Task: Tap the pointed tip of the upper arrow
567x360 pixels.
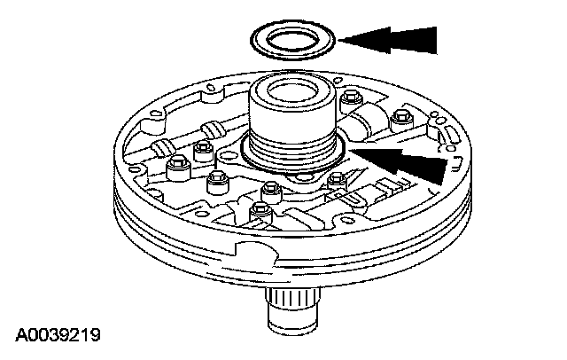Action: coord(340,41)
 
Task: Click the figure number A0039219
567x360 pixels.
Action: coord(57,336)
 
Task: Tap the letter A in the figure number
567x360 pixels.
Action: coord(19,336)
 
